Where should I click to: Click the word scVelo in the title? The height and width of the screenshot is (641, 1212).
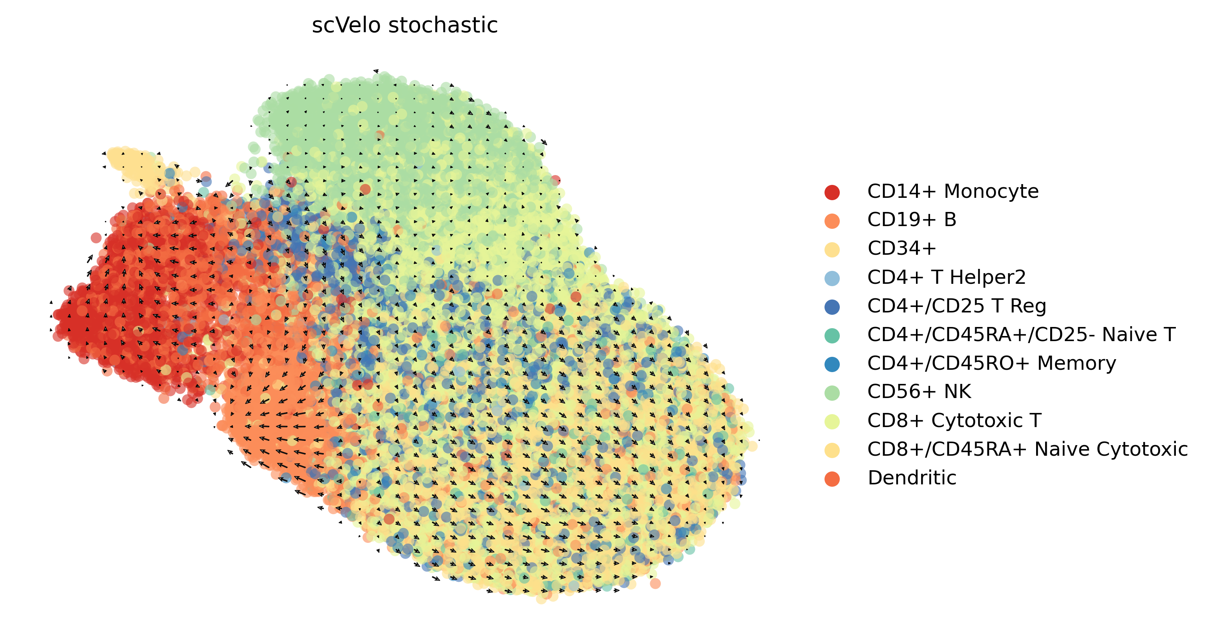coord(346,26)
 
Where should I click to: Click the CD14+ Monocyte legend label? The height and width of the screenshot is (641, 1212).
coord(953,192)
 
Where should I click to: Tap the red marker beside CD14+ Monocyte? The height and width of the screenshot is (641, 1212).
coord(832,192)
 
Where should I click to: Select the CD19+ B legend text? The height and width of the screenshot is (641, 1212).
coord(911,220)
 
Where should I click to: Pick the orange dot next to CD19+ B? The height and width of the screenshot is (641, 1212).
coord(832,221)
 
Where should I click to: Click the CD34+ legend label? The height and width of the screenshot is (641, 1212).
coord(901,249)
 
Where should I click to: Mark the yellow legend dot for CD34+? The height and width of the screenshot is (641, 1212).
coord(832,250)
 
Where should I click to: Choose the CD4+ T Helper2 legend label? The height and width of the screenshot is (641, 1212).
coord(946,278)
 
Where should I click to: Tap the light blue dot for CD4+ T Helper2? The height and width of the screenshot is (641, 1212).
coord(832,278)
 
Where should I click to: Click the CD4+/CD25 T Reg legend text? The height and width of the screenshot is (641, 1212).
coord(956,306)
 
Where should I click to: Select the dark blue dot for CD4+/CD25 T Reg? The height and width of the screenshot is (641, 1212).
coord(832,307)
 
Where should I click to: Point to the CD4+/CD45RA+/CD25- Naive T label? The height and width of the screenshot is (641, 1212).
coord(1021,335)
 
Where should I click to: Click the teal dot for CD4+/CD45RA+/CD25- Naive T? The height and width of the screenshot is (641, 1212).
coord(832,336)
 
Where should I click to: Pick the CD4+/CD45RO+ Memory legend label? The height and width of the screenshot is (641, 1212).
coord(991,363)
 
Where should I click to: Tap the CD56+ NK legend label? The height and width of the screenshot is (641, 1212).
coord(919,392)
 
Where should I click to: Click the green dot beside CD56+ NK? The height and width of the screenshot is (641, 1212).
coord(832,393)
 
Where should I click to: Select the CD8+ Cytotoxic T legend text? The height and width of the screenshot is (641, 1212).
coord(954,420)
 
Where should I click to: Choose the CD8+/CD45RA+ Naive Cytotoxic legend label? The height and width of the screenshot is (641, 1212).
coord(1027,449)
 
